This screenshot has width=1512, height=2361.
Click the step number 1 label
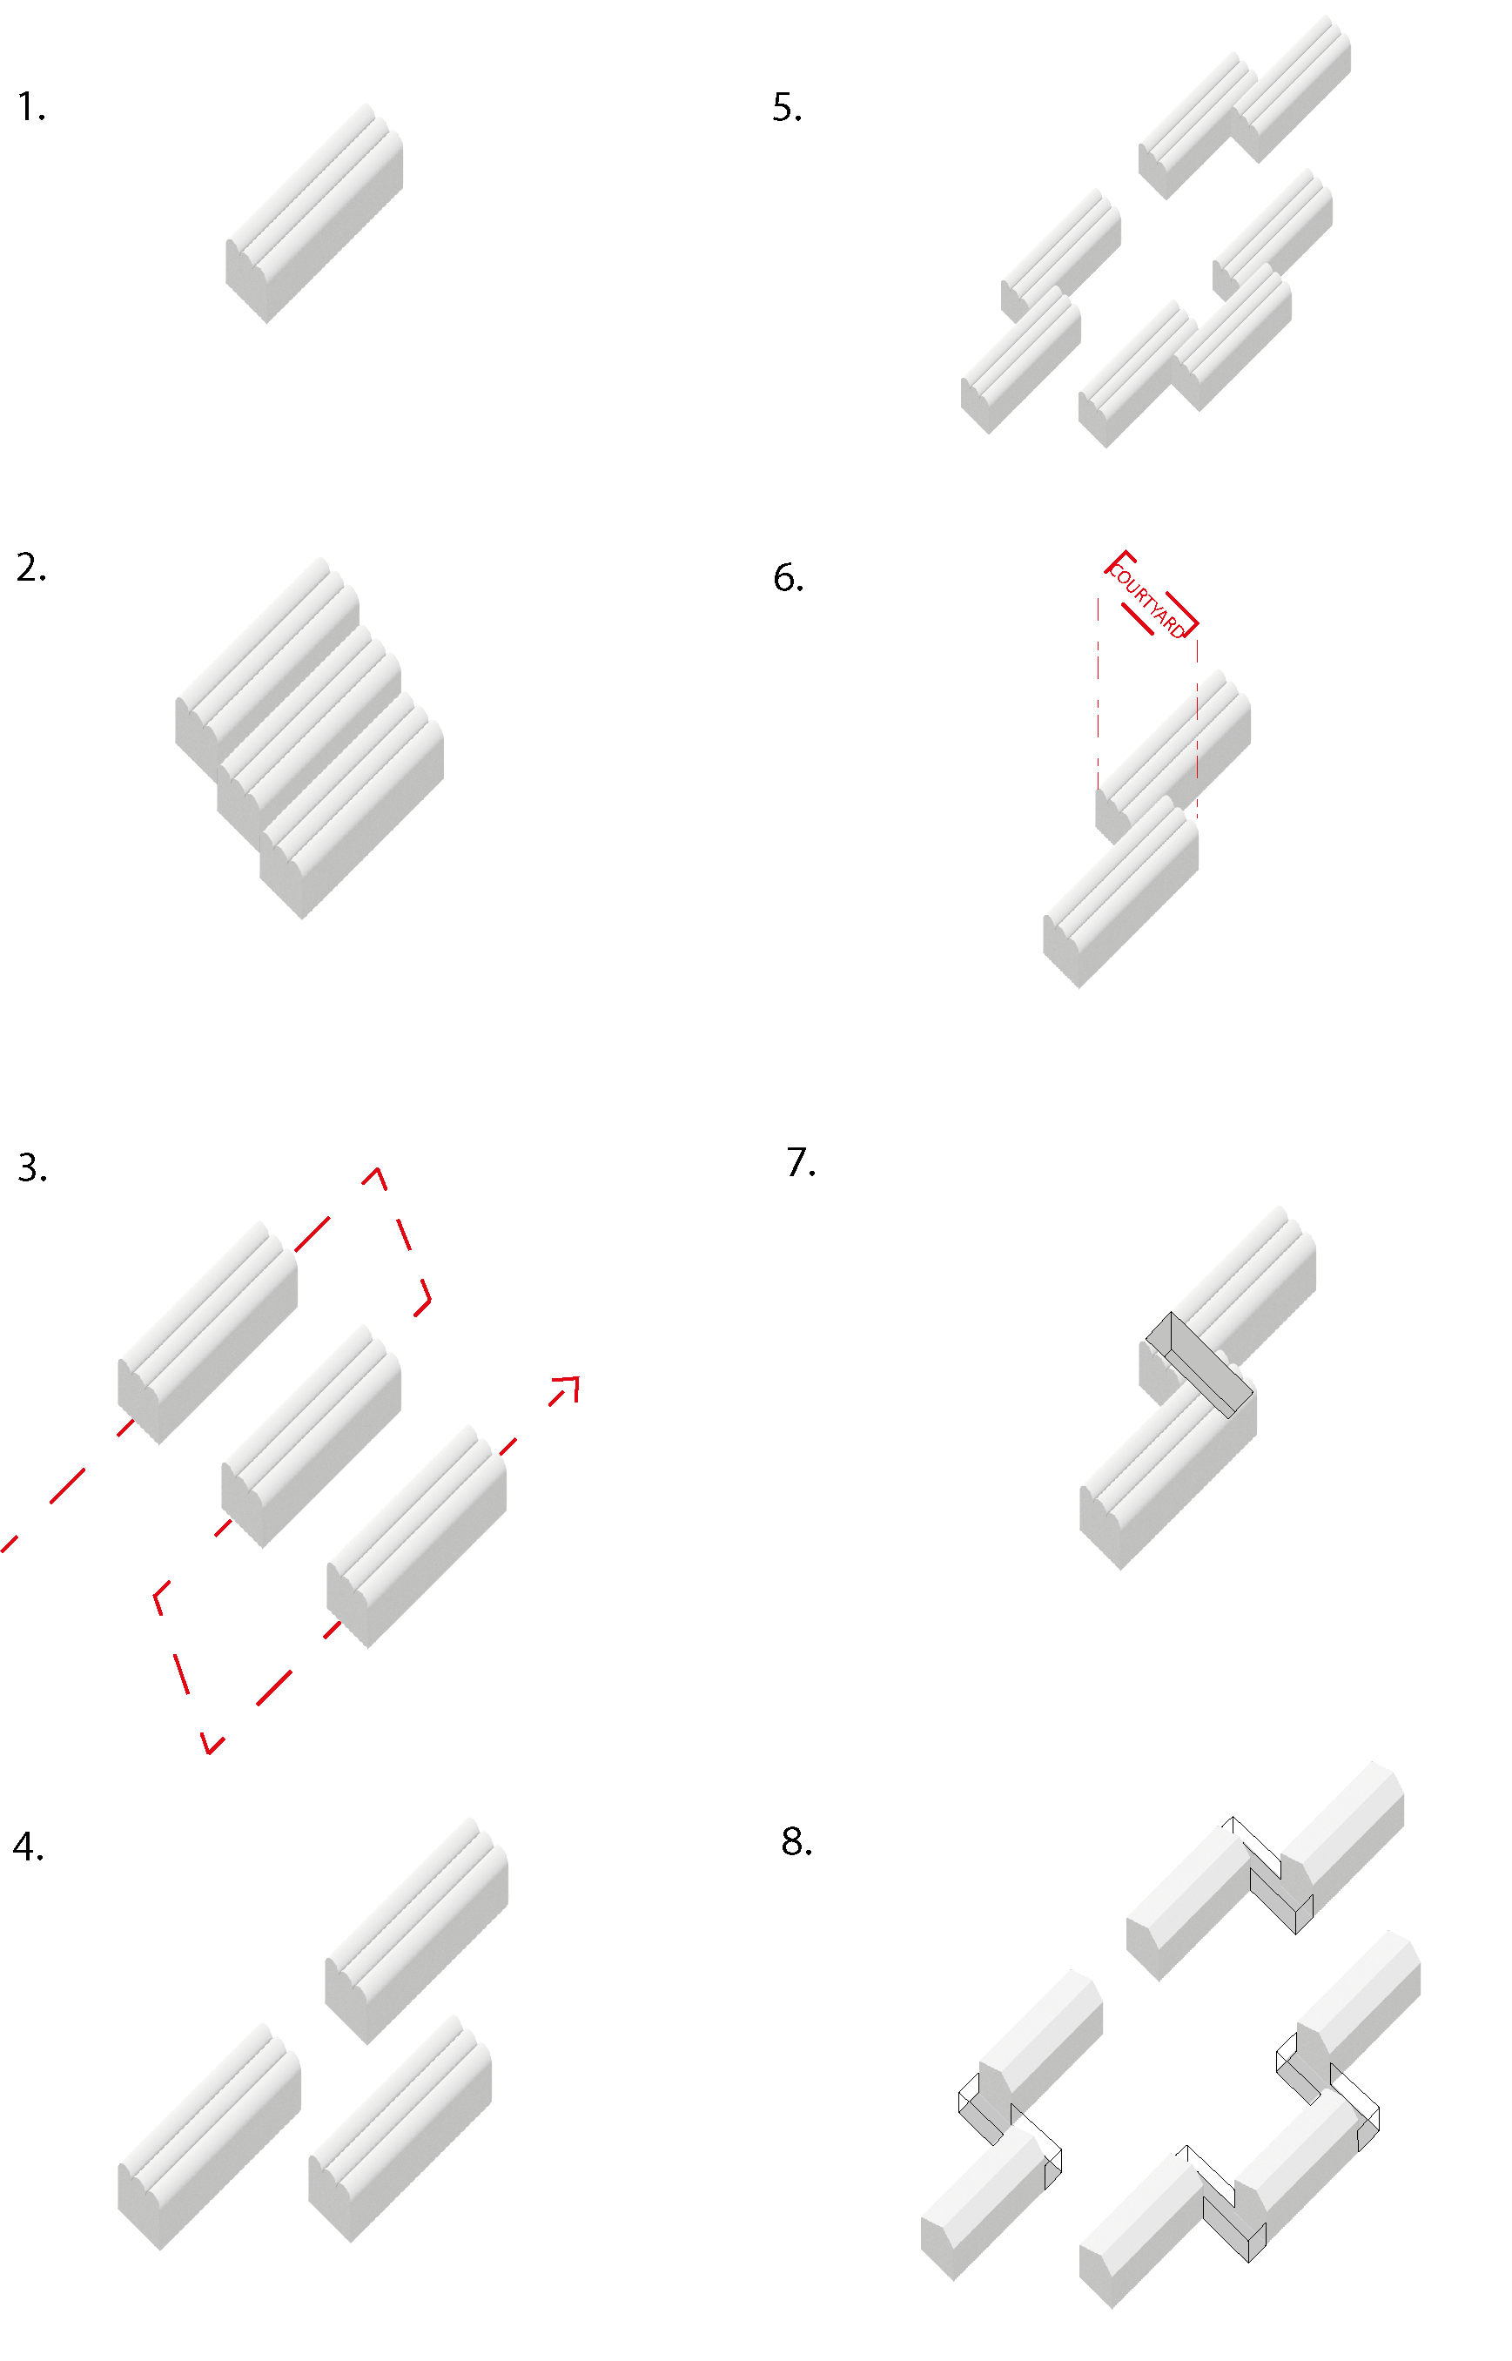tap(30, 107)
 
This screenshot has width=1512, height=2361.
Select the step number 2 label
tap(30, 568)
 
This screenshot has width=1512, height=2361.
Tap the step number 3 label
tap(31, 1168)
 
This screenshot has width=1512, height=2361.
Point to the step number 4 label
tap(29, 1847)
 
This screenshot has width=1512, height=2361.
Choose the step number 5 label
tap(786, 107)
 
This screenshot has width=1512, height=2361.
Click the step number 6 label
tap(789, 578)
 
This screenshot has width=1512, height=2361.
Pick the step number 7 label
tap(800, 1162)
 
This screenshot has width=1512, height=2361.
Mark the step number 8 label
tap(796, 1841)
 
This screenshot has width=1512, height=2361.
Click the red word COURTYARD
tap(1150, 602)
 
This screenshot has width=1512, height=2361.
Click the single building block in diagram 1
tap(314, 213)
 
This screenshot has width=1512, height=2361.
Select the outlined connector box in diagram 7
tap(1200, 1364)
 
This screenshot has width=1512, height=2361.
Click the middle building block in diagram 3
tap(312, 1436)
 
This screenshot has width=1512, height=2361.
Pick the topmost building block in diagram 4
tap(416, 1930)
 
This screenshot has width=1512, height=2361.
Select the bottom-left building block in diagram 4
tap(209, 2136)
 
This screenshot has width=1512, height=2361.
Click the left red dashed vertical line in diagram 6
tap(1098, 692)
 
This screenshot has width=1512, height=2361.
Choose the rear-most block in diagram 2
tap(266, 669)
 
